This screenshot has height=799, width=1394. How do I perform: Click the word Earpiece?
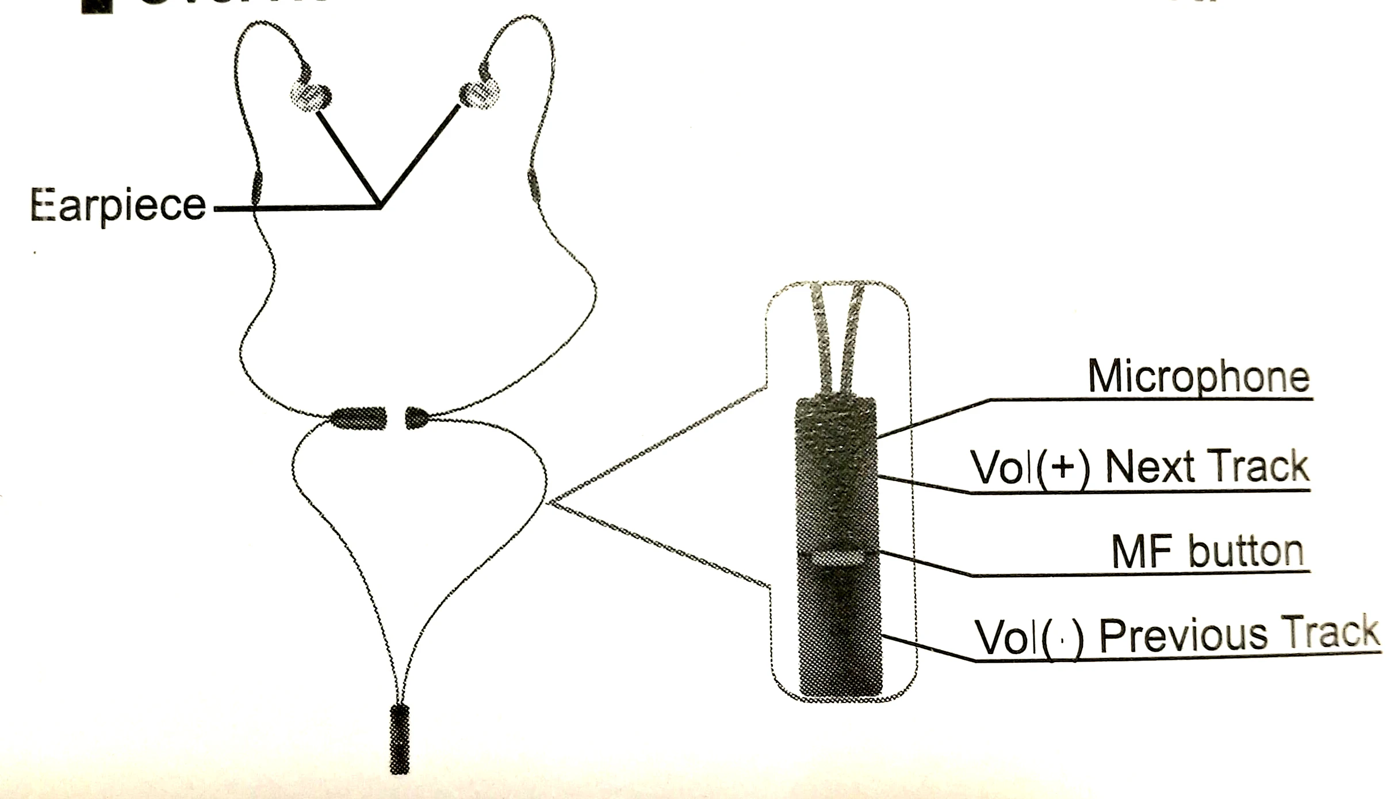118,205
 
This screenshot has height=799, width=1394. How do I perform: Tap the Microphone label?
1198,377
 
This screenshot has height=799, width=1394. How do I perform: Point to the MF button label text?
1207,552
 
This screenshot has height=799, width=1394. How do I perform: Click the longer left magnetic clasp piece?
359,418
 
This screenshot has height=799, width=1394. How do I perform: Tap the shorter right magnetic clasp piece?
416,418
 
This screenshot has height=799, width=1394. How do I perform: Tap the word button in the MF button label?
1246,552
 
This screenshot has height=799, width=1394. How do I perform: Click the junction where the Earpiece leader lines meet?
380,206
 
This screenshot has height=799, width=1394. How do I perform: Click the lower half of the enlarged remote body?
840,632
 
